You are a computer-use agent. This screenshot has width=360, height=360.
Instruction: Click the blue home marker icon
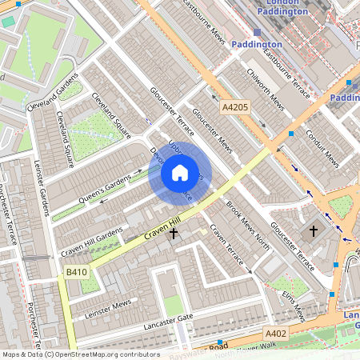[180, 173]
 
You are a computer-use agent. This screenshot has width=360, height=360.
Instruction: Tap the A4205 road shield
[236, 106]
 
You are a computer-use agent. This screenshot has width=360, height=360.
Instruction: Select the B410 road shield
[77, 273]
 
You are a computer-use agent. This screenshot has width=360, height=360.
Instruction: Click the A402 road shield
[276, 333]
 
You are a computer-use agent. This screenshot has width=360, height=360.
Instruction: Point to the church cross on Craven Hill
[174, 232]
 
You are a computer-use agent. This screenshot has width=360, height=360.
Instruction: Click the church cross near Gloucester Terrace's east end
[314, 231]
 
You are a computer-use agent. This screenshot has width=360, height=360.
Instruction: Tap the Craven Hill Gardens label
[92, 242]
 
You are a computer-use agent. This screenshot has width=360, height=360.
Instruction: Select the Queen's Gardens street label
[103, 189]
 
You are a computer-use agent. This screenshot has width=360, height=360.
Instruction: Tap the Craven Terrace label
[226, 245]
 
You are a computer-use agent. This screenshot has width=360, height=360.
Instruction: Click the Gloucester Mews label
[212, 131]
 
